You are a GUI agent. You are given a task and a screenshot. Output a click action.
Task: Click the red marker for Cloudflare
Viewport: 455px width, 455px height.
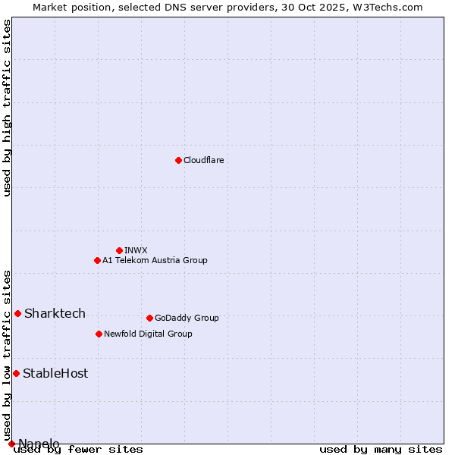pos(178,160)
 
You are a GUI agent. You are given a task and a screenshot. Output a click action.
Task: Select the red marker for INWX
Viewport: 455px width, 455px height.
pos(119,250)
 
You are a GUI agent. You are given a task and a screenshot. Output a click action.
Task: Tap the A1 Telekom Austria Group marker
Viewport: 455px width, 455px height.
pos(97,260)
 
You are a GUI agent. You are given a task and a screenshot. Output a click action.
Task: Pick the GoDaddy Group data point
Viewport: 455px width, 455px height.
pos(149,318)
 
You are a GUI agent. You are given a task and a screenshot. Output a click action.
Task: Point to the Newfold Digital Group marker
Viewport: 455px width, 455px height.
pos(99,334)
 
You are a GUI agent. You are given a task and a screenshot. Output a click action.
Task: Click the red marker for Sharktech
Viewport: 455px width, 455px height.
pos(17,313)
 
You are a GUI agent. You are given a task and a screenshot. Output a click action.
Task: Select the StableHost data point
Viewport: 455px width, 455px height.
pos(16,373)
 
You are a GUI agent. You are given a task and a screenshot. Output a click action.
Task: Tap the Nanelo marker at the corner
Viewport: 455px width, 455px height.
pos(11,444)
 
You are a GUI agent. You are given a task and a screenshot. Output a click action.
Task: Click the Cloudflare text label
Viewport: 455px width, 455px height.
pos(203,160)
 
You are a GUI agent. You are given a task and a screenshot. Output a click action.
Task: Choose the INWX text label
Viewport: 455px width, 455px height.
pos(136,250)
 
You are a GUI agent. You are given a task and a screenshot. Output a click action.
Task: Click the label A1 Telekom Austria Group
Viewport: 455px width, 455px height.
pos(155,260)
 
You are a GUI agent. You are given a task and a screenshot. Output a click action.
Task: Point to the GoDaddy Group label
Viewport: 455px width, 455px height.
pos(187,318)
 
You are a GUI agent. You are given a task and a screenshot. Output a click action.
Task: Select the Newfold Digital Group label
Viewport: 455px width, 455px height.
pos(148,334)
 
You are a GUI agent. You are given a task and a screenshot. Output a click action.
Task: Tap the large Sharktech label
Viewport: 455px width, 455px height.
pos(55,313)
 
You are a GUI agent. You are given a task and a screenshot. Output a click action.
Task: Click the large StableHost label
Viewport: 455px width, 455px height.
pos(55,373)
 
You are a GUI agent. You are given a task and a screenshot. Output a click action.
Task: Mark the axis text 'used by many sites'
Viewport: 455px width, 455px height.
pos(381,449)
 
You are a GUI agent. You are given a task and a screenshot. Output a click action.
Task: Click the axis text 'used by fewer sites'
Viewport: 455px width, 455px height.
pos(79,449)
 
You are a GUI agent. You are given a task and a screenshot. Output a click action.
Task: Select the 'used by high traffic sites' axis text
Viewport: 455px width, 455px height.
pos(7,108)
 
